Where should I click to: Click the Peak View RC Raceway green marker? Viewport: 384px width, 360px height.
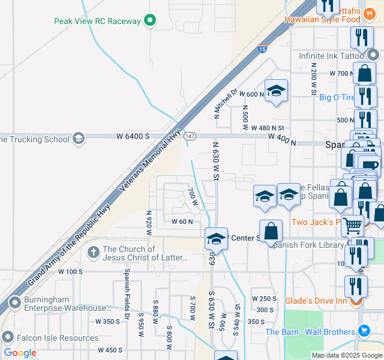point(151,21)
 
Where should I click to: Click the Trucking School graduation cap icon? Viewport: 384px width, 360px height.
point(78,139)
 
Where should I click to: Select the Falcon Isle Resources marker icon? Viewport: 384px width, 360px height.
point(7,337)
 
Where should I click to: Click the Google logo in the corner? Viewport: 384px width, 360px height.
point(20,353)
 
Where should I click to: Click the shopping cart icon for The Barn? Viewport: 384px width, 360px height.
point(364,331)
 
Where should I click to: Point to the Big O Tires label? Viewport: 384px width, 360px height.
point(337,97)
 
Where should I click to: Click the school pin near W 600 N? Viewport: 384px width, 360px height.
point(276,91)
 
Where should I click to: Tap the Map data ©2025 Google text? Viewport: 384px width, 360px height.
point(346,355)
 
